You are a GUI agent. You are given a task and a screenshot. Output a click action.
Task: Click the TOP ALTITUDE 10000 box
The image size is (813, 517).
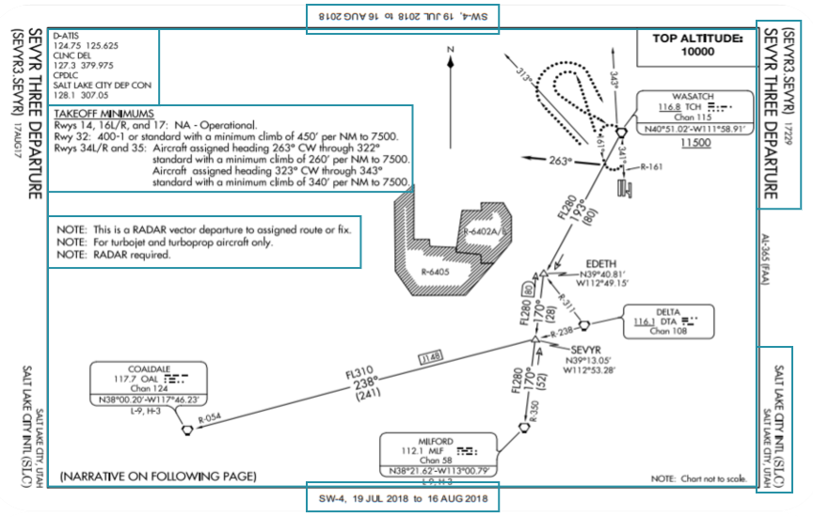(x=696, y=45)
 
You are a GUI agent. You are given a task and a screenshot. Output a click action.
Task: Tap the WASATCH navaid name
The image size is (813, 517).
(x=693, y=97)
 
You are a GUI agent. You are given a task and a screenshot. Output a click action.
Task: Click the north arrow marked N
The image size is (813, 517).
(x=451, y=50)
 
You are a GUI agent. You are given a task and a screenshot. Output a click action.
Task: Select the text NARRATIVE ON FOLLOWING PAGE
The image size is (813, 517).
(x=158, y=477)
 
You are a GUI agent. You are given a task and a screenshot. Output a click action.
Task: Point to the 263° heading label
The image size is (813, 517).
(x=559, y=161)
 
